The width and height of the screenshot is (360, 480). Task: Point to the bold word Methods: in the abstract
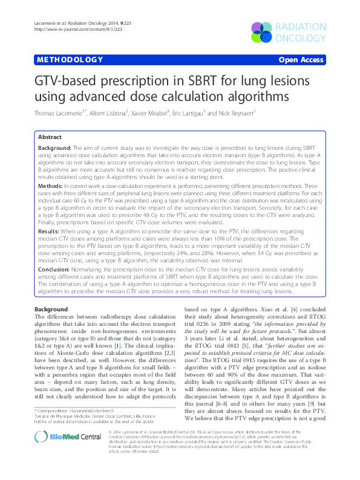click(x=51, y=188)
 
